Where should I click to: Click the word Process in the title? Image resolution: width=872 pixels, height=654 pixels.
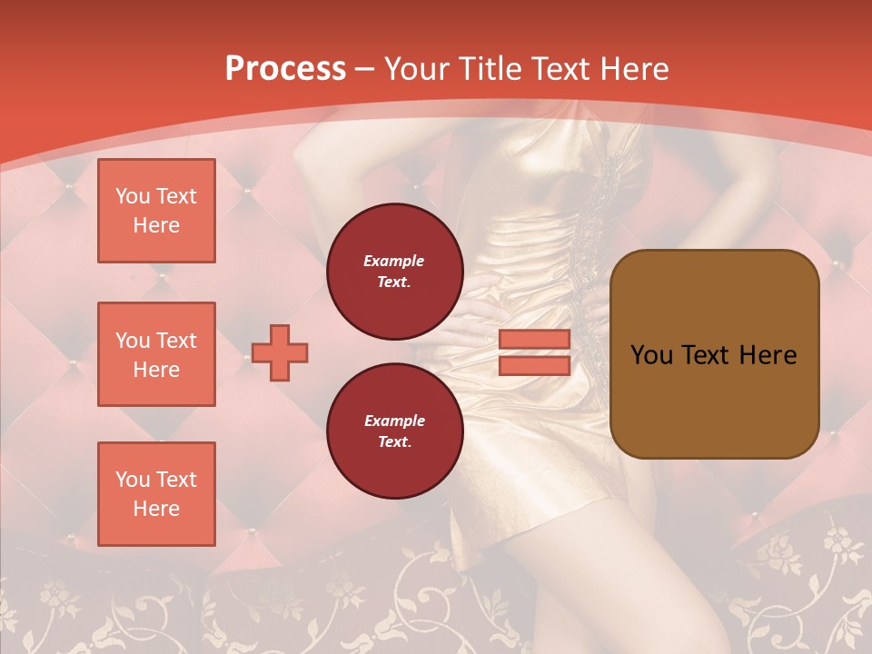coord(285,69)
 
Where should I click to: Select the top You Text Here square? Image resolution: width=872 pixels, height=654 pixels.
coord(156,211)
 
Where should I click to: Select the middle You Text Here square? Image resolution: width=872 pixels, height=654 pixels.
coord(156,354)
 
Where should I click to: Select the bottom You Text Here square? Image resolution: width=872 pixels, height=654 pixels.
coord(156,494)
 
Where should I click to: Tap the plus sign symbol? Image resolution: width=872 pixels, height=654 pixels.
coord(280,352)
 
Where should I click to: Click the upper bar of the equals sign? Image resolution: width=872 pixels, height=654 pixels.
coord(535,340)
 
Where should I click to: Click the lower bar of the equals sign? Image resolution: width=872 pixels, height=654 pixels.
coord(535,365)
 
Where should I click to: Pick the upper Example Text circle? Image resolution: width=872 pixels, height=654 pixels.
coord(394,272)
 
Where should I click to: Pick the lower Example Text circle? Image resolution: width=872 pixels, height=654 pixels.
coord(394,431)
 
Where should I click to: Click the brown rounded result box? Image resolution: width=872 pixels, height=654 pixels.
coord(714,400)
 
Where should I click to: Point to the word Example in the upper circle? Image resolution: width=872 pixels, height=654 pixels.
coord(394,261)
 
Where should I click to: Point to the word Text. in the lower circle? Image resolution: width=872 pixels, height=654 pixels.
coord(394,442)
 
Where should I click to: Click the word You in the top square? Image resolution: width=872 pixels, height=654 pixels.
coord(133,196)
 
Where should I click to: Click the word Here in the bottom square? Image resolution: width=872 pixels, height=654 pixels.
coord(156,509)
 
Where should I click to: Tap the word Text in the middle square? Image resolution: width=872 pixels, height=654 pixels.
coord(176,341)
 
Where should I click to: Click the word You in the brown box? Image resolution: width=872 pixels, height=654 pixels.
coord(651,355)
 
